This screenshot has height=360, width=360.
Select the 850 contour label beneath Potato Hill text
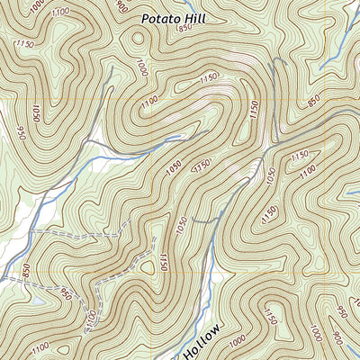point(185,29)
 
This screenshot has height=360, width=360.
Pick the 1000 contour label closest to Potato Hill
point(142,67)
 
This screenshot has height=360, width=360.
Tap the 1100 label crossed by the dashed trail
point(90,319)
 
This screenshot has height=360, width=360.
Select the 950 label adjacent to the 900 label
point(341,312)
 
